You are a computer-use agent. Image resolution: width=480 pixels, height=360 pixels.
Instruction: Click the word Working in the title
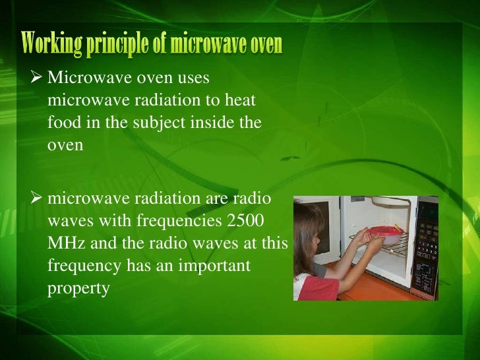click(x=51, y=44)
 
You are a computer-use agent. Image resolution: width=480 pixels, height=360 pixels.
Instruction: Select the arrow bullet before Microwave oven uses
click(x=36, y=78)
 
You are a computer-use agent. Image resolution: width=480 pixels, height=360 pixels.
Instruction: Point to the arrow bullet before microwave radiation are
click(x=36, y=199)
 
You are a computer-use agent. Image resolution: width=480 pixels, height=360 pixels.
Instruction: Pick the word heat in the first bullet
click(x=240, y=101)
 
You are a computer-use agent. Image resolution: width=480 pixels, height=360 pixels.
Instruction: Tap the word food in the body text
click(x=61, y=123)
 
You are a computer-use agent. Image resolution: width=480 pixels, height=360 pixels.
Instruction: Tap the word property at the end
click(x=78, y=289)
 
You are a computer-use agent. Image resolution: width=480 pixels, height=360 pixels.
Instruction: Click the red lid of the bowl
click(x=384, y=231)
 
